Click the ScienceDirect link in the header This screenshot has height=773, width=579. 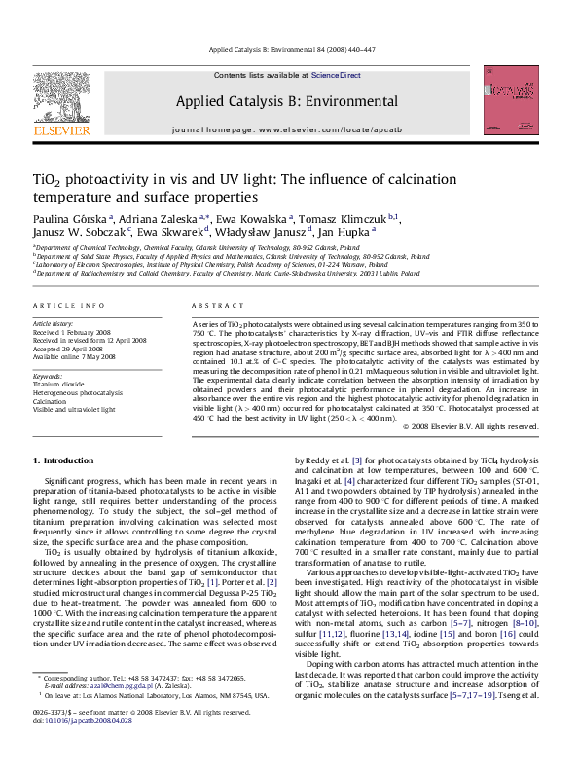[x=336, y=75]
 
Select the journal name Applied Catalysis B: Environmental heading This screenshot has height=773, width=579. [x=286, y=101]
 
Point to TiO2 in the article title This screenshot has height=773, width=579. [x=51, y=181]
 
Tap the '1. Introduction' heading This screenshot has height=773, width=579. [x=63, y=460]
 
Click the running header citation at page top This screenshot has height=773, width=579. [x=288, y=49]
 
